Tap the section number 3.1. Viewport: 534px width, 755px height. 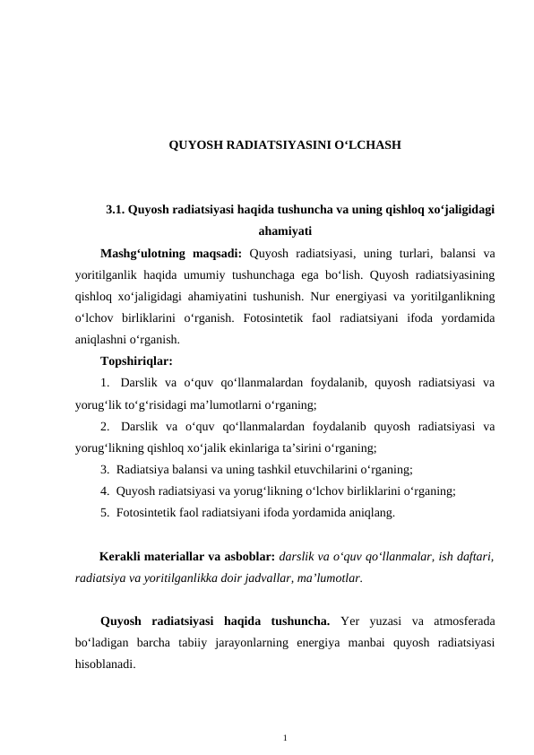116,211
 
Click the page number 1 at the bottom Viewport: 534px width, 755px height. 283,737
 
